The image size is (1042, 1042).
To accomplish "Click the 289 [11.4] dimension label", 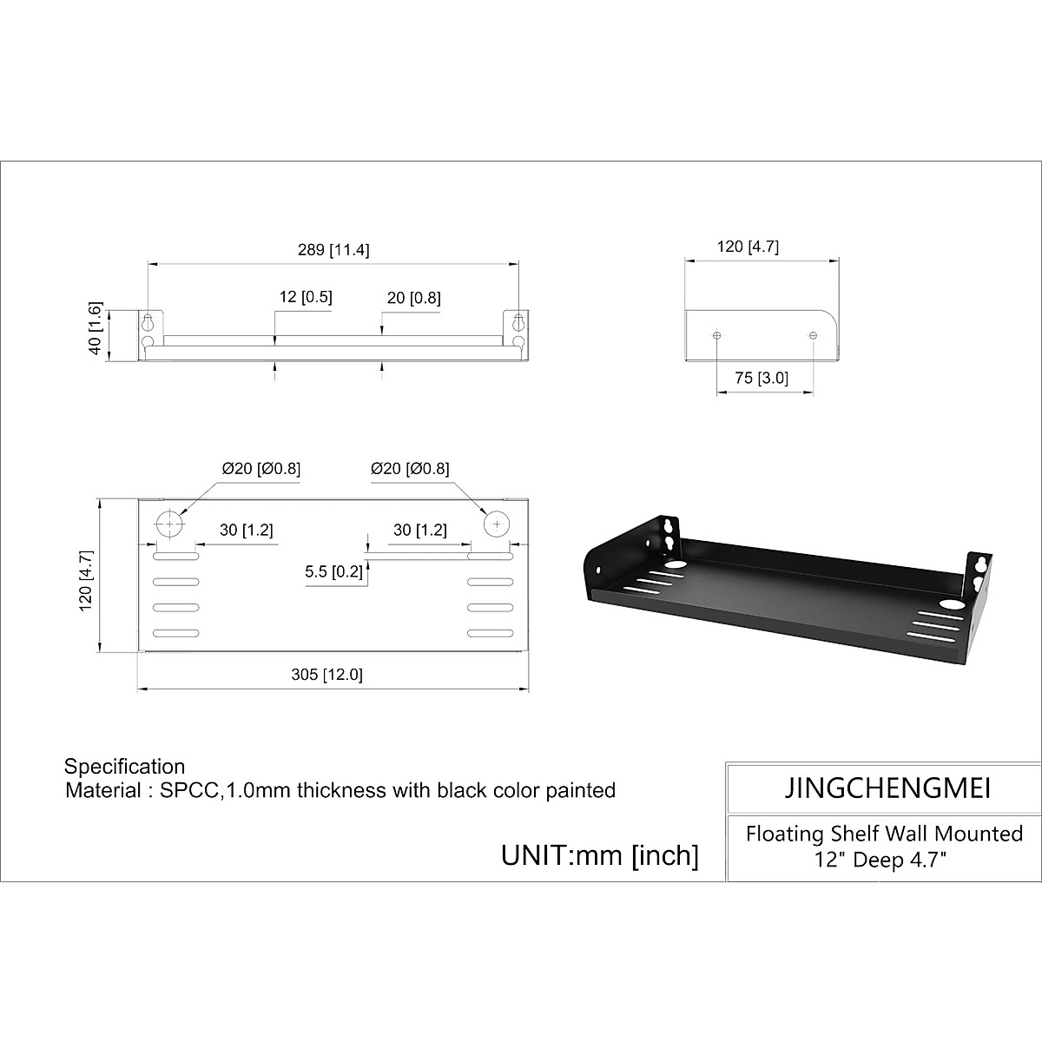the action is click(333, 250).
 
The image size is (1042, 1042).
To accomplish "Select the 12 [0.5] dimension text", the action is click(306, 297).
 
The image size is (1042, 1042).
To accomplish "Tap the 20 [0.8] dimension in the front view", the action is click(413, 298).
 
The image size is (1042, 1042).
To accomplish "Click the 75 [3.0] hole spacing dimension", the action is click(762, 378).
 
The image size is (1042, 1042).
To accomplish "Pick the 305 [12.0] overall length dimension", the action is click(326, 675).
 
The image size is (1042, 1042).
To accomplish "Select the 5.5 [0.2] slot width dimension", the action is click(333, 571).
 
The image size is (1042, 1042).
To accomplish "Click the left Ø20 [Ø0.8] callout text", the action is click(261, 468).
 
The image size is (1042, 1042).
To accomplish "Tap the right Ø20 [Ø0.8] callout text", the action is click(410, 468).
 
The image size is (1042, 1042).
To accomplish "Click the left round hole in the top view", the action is click(169, 524).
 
